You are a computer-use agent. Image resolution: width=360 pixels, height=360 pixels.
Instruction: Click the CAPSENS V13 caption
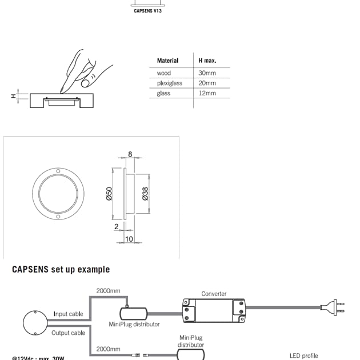[x=147, y=11]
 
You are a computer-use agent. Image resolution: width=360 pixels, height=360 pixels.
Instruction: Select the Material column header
[x=167, y=61]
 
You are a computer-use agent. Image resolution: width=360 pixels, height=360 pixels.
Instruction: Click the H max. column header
[x=207, y=61]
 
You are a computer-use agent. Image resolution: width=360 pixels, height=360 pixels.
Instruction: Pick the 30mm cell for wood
[x=207, y=74]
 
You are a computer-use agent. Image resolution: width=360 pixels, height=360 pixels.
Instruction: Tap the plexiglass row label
[x=169, y=83]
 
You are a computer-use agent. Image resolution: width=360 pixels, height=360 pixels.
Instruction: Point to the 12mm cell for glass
[x=207, y=93]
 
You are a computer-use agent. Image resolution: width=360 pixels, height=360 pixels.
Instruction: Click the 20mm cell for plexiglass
[x=207, y=83]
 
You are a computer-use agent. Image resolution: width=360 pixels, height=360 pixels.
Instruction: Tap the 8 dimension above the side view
[x=130, y=154]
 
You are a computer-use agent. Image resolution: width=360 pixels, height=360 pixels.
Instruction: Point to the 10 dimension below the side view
[x=129, y=239]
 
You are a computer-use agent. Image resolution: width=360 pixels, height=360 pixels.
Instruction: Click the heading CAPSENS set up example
[x=61, y=270]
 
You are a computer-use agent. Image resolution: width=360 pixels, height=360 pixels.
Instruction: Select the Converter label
[x=214, y=294]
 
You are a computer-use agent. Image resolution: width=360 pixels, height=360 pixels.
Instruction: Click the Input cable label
[x=68, y=314]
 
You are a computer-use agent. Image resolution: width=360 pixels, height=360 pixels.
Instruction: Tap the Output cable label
[x=68, y=333]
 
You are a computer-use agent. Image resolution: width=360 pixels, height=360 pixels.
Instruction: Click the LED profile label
[x=303, y=355]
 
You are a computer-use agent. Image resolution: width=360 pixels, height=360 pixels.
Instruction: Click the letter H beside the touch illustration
[x=13, y=96]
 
